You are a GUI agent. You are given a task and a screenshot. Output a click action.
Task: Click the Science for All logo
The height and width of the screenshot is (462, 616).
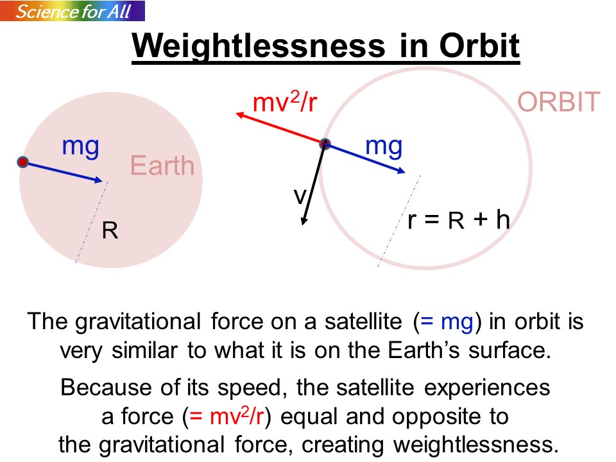(x=73, y=11)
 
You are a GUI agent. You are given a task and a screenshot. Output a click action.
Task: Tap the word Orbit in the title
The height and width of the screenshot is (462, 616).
(x=479, y=46)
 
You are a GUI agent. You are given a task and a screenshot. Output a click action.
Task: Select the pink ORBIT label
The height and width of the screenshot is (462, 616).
(x=559, y=102)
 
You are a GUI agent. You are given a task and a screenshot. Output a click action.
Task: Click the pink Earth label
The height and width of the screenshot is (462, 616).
(x=162, y=165)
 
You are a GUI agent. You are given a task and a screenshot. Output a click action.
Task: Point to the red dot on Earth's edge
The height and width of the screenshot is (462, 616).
(x=23, y=162)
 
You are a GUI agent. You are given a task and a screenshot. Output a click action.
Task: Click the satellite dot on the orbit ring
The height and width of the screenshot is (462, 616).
(x=325, y=144)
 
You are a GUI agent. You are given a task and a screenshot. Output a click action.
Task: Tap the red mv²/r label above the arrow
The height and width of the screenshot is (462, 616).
(x=284, y=101)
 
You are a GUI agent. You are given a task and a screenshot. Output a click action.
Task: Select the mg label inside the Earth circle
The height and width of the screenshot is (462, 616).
(x=81, y=148)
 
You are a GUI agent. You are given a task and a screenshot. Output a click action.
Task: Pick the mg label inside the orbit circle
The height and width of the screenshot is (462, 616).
(x=384, y=148)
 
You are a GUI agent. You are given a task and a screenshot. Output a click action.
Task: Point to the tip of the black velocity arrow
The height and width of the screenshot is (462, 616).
(x=303, y=225)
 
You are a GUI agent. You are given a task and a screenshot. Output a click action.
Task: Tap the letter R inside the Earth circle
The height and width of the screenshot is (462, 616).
(x=110, y=230)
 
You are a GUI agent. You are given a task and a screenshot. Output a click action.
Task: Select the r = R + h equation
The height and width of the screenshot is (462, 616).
(x=458, y=219)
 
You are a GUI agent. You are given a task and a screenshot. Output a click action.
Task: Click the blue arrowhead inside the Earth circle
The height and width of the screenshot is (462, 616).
(x=99, y=180)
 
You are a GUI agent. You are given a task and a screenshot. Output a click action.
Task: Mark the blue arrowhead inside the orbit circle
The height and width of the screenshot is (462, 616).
(x=401, y=171)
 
